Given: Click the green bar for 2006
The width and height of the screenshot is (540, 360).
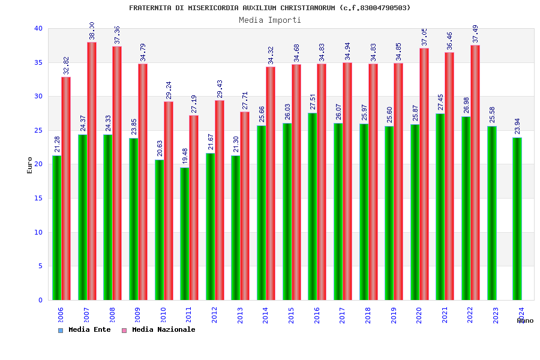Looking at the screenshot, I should pos(56,228).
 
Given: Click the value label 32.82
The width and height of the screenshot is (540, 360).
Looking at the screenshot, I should pos(66,65).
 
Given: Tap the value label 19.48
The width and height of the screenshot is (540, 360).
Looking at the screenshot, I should pos(184,157).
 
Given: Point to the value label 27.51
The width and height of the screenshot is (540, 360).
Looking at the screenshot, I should pos(313,102).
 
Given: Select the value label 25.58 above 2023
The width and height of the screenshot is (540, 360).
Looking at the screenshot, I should pos(492,115).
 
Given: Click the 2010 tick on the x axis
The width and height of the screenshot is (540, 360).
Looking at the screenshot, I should pos(163,315).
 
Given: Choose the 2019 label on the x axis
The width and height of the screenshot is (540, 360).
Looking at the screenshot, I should pos(394,315).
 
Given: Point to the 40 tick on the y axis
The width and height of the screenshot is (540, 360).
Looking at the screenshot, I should pos(38,28).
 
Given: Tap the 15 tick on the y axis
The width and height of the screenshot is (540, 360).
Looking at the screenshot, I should pos(38,198).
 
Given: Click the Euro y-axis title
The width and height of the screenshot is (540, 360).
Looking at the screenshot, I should pos(29,165).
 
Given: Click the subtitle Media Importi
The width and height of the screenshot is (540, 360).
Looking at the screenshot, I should pos(270,20).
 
